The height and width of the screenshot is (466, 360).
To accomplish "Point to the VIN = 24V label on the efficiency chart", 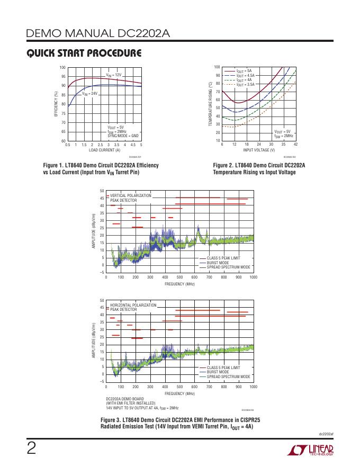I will click(x=89, y=93).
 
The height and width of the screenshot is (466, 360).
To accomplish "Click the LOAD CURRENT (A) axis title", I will click(x=104, y=150).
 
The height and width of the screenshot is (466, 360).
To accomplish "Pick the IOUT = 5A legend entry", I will click(x=244, y=70).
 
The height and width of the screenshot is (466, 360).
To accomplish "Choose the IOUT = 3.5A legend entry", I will click(x=245, y=84).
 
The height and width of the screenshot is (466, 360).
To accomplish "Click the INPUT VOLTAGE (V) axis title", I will click(x=258, y=150).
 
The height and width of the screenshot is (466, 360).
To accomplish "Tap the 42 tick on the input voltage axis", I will click(x=295, y=145).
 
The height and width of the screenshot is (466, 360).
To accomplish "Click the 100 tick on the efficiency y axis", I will click(x=62, y=68).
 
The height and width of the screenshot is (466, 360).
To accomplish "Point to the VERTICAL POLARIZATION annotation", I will click(x=130, y=196).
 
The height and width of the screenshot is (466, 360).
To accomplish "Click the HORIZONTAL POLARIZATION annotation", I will click(x=133, y=306).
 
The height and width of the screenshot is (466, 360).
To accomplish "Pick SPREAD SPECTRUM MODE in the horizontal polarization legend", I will click(x=228, y=377).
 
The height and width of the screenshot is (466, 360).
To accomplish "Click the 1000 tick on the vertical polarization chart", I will click(x=253, y=277).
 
